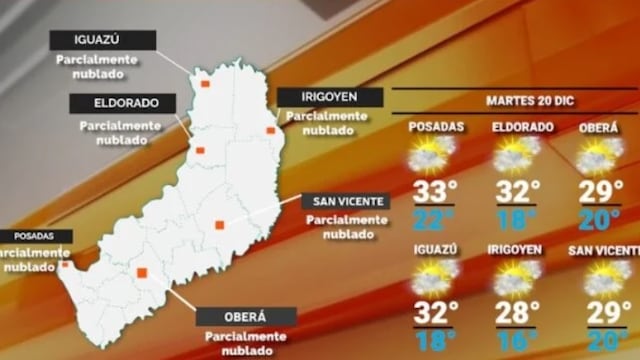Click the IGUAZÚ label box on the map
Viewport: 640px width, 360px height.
[103, 40]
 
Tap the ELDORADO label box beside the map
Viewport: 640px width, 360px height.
[122, 104]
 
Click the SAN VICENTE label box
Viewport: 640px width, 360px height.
[345, 201]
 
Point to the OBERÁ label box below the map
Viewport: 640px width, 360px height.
[246, 317]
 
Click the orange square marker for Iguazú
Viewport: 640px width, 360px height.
[205, 84]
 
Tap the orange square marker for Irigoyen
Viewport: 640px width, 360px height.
[270, 130]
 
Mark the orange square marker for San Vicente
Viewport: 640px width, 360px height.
[219, 224]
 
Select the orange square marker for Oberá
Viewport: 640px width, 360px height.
[143, 272]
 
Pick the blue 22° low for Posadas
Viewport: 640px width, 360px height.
[432, 218]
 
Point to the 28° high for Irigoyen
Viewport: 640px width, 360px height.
[517, 312]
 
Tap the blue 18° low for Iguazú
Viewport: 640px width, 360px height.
[432, 340]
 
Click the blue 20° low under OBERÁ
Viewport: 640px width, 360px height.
[601, 218]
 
